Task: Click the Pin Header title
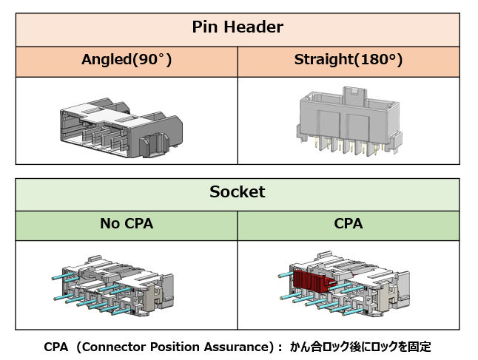[238, 27]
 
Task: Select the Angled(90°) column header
[127, 61]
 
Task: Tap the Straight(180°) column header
[349, 61]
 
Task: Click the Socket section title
[238, 192]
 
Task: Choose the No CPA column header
[127, 224]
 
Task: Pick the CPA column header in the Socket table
[349, 224]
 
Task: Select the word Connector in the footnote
[121, 346]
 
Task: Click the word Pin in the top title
[206, 27]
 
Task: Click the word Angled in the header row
[105, 61]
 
